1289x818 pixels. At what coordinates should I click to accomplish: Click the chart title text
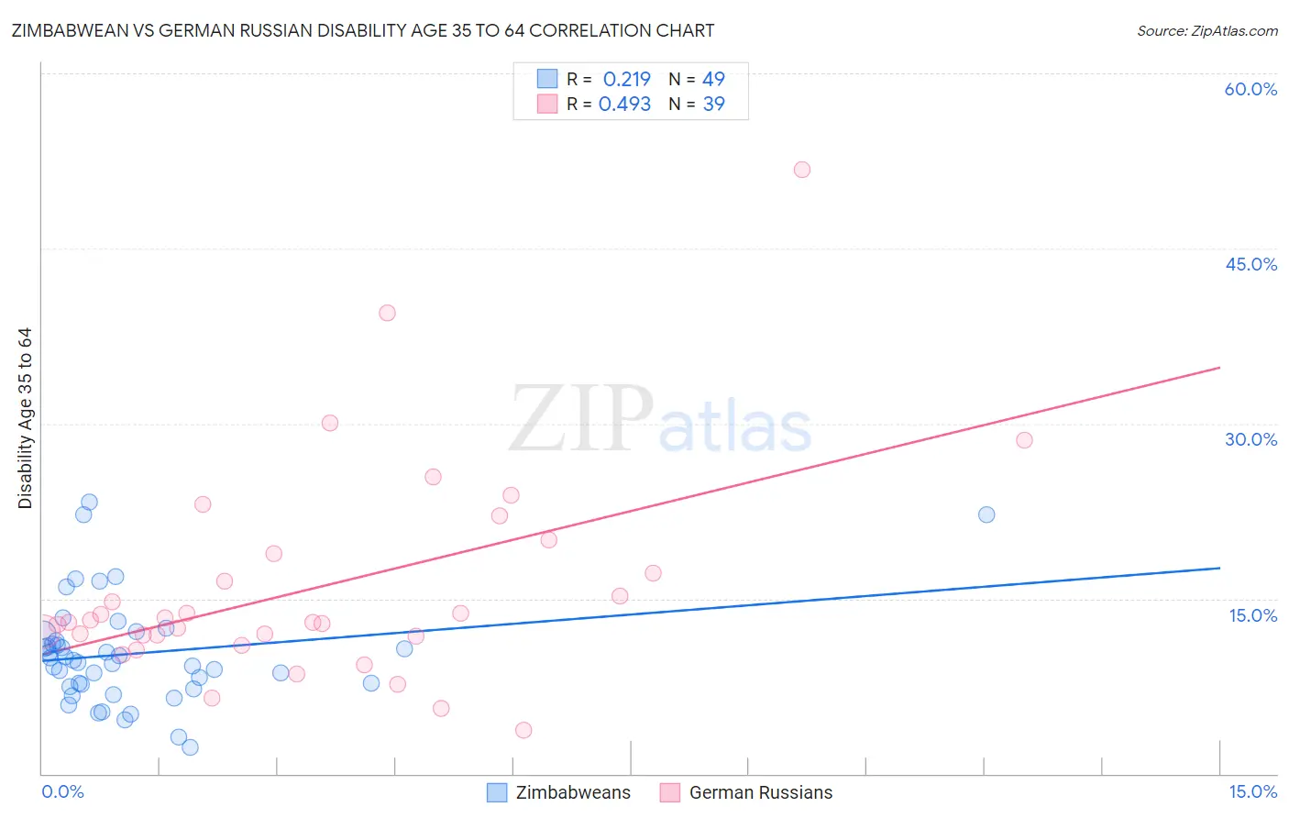(363, 30)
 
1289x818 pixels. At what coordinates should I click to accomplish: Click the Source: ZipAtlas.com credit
(1206, 31)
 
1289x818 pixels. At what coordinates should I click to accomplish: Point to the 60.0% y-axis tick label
(1250, 89)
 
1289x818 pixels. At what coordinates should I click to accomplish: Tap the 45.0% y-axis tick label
(1250, 264)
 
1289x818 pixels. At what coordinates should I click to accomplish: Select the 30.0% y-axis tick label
(1250, 439)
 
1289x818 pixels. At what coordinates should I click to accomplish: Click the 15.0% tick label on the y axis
(1252, 615)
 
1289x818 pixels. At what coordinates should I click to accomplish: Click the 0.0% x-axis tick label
(62, 791)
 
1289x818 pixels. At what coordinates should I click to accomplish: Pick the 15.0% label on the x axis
(1252, 791)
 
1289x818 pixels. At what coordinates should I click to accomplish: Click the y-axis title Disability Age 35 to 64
(25, 418)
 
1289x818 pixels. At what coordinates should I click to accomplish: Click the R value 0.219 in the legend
(626, 79)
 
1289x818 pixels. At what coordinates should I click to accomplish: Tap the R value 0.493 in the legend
(624, 104)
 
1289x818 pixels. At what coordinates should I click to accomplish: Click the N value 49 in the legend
(713, 79)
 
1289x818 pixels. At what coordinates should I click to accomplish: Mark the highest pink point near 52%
(802, 170)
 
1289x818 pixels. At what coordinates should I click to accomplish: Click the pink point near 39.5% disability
(387, 313)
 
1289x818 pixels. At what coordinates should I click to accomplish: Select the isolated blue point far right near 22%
(986, 514)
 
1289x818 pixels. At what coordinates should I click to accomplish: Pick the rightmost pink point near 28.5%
(1024, 440)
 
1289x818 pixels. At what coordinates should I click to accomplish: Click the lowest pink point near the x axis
(523, 730)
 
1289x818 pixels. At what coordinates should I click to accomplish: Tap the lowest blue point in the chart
(190, 747)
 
